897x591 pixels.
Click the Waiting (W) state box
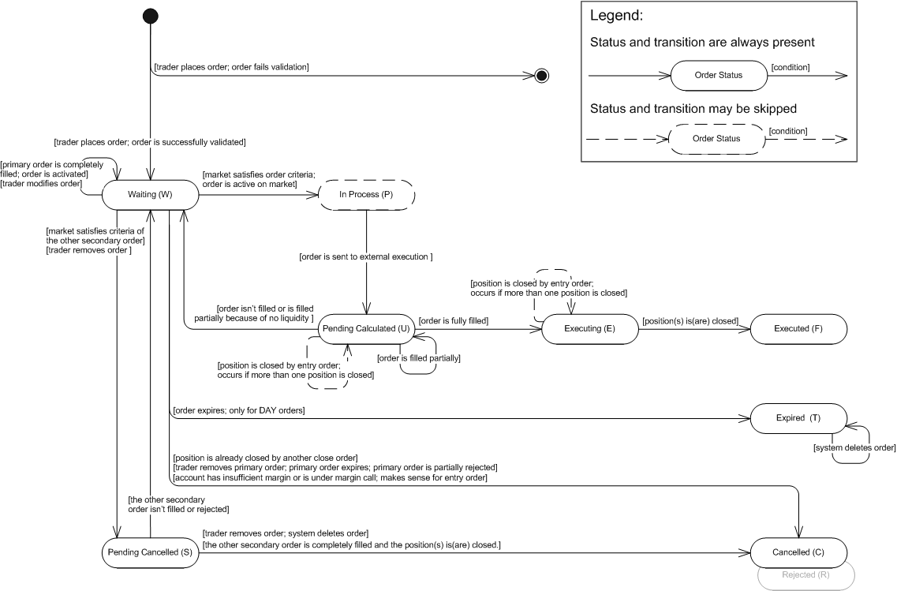151,195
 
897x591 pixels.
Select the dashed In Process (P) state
366,195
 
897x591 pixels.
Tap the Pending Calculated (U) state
366,329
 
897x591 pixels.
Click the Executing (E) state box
590,329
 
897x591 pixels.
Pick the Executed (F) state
798,329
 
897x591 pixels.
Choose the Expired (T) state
798,418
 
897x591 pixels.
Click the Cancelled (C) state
798,552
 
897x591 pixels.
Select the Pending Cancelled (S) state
151,552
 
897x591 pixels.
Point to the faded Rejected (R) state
806,575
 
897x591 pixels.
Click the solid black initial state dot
151,16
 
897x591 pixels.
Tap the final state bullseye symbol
542,76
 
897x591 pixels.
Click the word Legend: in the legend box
617,16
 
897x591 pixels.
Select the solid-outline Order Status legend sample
719,76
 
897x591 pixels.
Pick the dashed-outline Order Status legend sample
717,138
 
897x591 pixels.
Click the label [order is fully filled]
454,321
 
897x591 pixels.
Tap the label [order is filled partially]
419,358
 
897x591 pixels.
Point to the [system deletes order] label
854,447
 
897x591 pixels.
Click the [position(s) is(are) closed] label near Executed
690,321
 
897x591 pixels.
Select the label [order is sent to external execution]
366,257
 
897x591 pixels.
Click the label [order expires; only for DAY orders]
239,410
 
